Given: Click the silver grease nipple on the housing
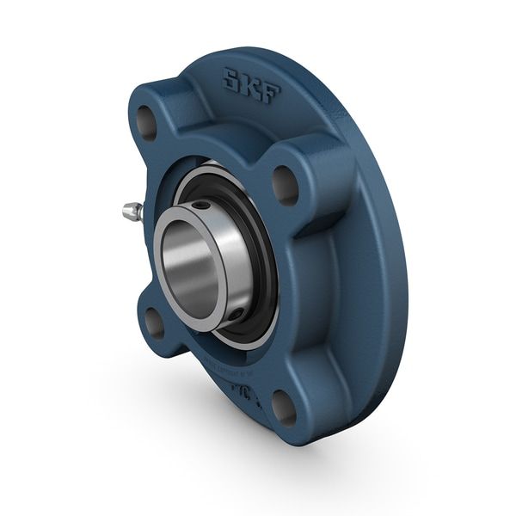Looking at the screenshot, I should tap(131, 209).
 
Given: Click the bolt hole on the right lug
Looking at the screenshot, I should tap(285, 182).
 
